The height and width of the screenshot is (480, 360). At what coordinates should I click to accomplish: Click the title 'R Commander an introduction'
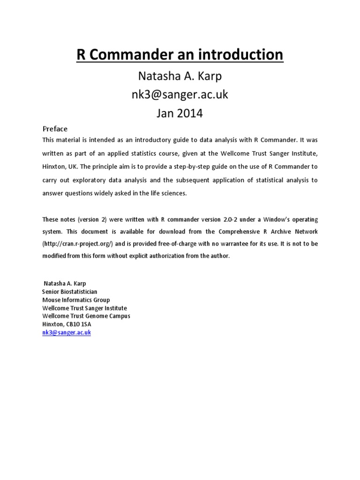180,55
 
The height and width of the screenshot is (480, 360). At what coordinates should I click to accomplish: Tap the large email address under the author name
180,94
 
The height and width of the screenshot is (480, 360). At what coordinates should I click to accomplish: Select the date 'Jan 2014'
180,113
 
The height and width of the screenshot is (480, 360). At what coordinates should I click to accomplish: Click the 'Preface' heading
55,129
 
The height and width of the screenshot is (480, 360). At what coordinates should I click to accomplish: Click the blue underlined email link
67,332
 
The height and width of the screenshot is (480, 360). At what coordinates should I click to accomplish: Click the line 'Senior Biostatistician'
70,292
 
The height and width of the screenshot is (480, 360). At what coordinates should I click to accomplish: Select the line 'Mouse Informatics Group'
76,300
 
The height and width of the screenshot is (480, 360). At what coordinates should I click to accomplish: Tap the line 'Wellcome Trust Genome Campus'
86,316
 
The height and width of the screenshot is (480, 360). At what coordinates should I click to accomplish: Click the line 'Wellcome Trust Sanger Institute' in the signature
84,308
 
